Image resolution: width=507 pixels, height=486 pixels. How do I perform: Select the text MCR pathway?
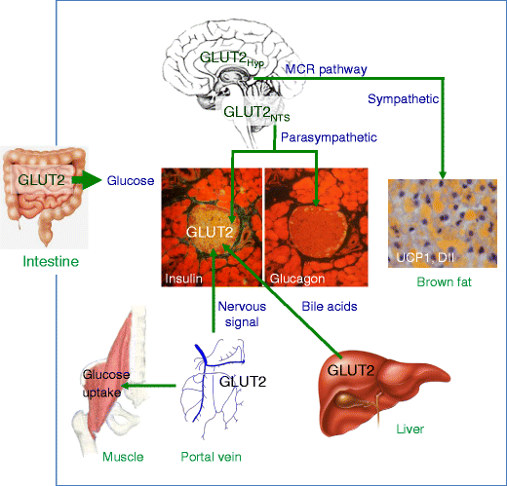(x=326, y=69)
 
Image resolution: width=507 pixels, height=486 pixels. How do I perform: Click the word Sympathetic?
(x=403, y=98)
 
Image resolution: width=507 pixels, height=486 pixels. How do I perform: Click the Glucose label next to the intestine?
(x=129, y=180)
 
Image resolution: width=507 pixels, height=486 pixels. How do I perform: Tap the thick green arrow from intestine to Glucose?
(x=86, y=180)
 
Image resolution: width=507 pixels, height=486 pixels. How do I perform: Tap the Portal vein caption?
(x=212, y=456)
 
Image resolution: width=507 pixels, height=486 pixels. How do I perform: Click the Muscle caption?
(x=123, y=456)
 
